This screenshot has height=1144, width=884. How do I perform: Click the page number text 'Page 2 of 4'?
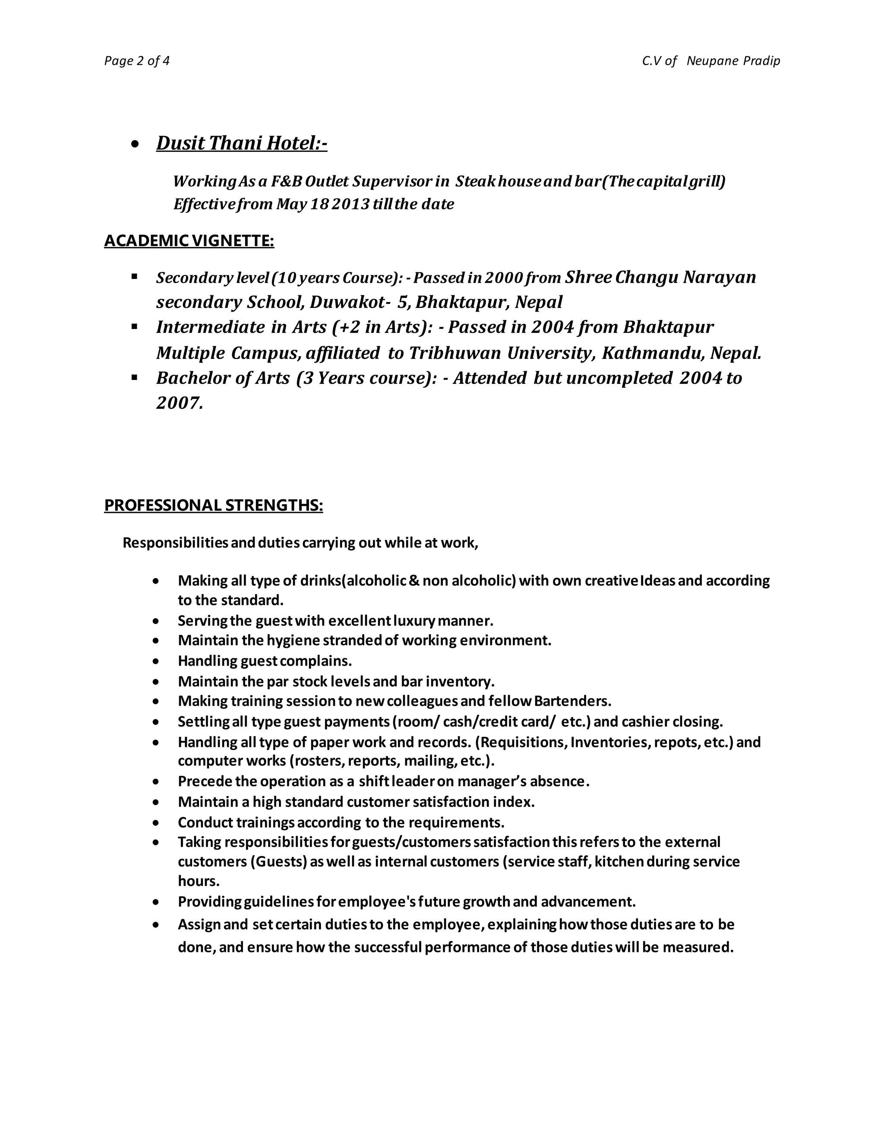coord(137,61)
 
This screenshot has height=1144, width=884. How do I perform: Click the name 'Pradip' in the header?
coord(761,61)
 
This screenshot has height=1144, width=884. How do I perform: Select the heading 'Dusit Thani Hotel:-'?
coord(241,143)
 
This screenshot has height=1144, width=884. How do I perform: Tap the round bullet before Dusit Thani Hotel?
coord(135,144)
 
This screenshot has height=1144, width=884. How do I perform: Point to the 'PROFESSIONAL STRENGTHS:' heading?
coord(214,506)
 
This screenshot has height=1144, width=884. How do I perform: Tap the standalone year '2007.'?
coord(179,403)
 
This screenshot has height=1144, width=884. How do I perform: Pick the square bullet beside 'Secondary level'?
coord(135,276)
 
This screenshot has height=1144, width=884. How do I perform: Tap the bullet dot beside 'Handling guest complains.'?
coord(155,661)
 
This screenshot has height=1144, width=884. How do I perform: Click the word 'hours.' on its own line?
coord(199,881)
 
